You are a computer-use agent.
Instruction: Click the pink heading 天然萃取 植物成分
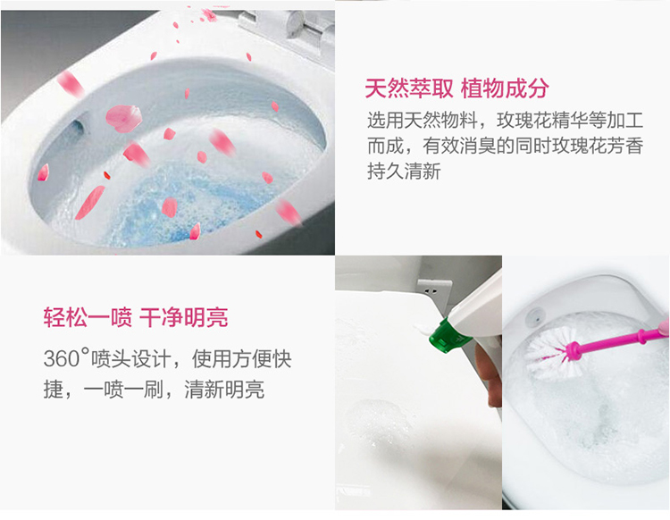pos(456,88)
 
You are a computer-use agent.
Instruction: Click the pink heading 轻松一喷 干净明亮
pos(136,317)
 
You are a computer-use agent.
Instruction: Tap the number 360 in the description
pos(62,358)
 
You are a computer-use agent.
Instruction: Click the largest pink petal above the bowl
pos(123,118)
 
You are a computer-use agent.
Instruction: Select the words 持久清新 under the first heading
pos(404,171)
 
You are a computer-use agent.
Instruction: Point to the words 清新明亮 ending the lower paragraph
pos(224,390)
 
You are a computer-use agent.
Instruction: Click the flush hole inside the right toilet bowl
pos(534,317)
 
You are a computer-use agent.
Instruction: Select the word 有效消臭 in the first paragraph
pos(459,146)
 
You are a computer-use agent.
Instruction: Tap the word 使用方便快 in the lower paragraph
pos(241,358)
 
